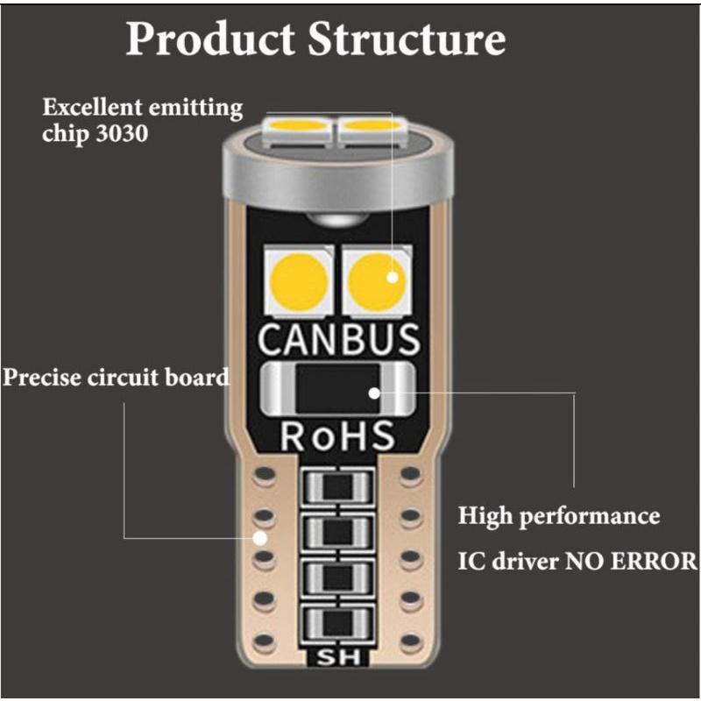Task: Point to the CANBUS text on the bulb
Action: pos(339,339)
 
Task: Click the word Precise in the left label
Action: pos(43,378)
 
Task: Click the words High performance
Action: pos(559,515)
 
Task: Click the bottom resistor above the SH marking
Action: pos(338,621)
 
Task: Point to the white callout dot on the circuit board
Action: pos(260,537)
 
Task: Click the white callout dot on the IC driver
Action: pos(374,393)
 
